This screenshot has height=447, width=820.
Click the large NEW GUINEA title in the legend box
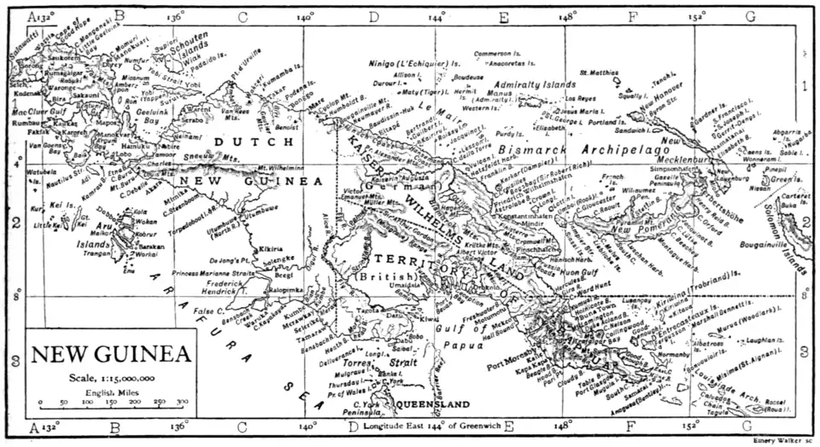(112, 353)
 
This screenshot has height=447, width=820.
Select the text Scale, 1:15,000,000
(112, 376)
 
